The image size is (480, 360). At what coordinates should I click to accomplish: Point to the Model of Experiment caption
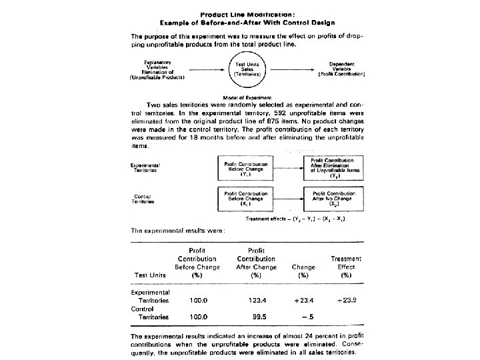pyautogui.click(x=242, y=97)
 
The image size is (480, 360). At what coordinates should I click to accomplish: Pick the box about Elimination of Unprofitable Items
pyautogui.click(x=333, y=169)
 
